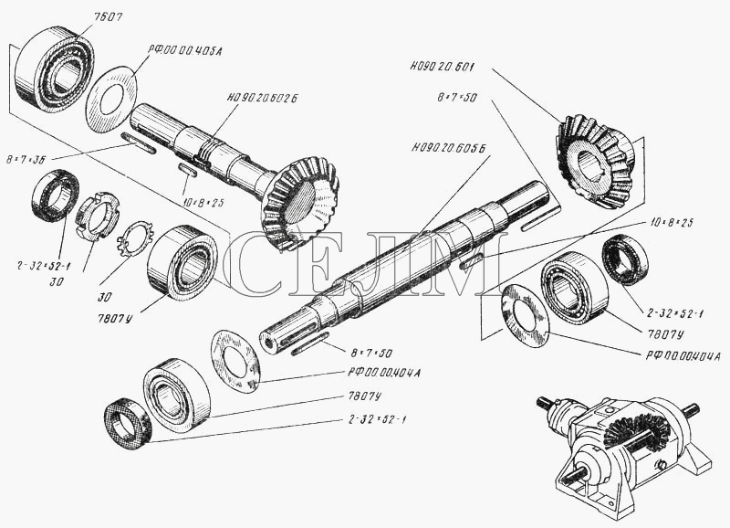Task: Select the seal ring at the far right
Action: click(624, 259)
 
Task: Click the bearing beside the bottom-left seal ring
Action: click(176, 394)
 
